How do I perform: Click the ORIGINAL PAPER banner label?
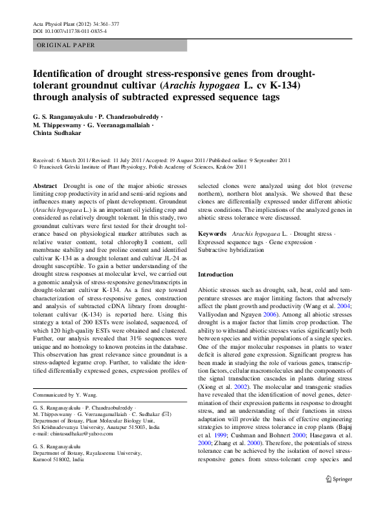(65, 45)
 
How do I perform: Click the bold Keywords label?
(212, 233)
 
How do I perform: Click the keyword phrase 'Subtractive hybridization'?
(234, 249)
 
